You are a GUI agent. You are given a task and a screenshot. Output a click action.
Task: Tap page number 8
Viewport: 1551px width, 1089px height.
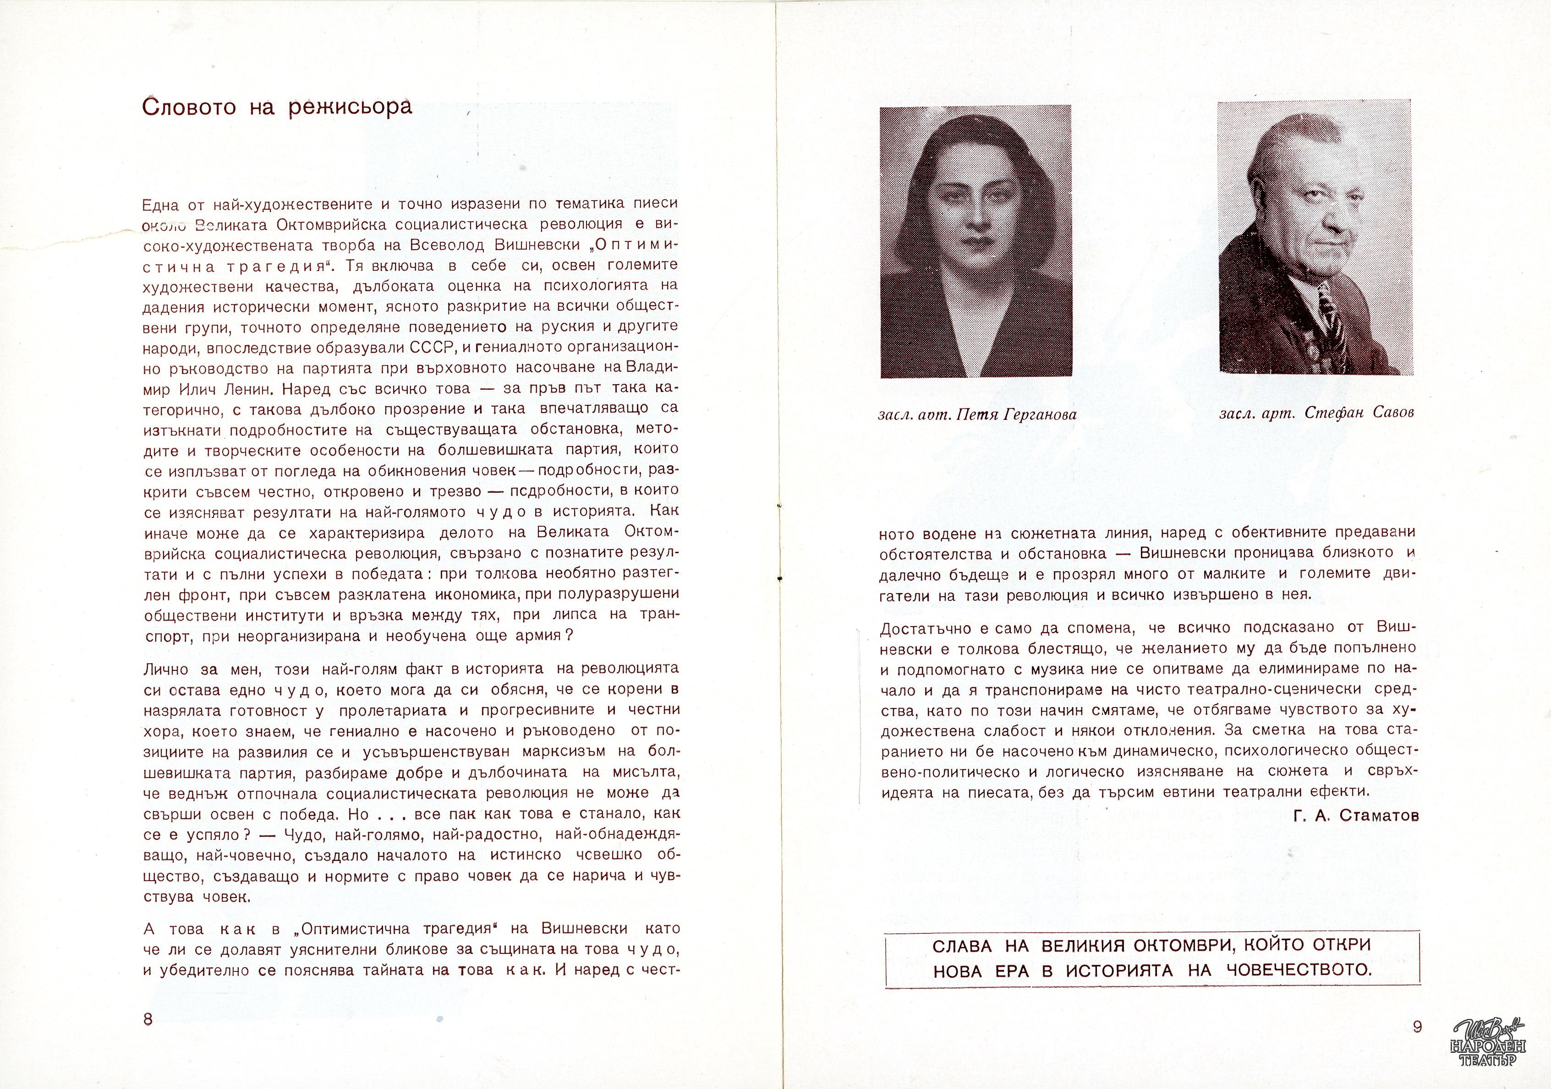coord(148,1019)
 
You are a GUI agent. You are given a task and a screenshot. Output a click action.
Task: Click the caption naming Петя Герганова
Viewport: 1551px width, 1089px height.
coord(977,414)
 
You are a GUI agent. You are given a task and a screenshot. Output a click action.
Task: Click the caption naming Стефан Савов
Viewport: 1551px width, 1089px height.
coord(1316,413)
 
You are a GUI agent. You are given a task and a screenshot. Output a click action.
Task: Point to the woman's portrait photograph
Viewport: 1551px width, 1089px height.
coord(976,241)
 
